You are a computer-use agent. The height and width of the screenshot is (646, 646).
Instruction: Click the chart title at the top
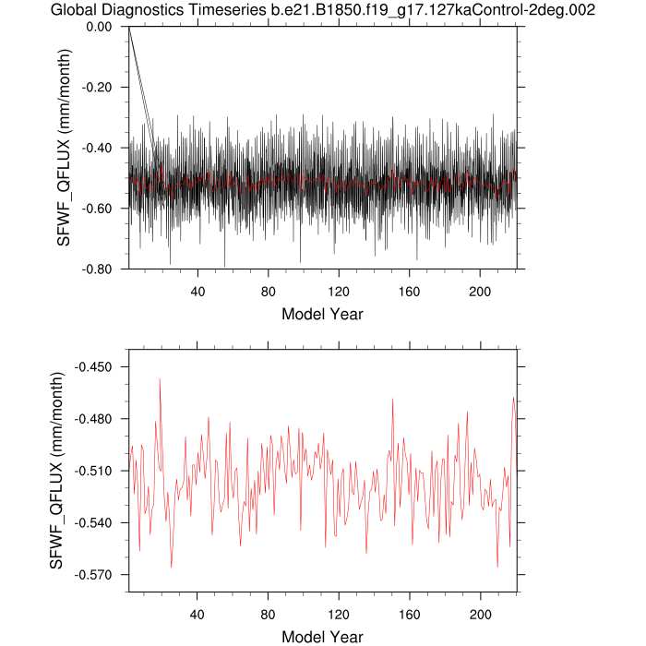[x=323, y=10]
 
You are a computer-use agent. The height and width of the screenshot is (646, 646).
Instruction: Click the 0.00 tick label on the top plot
[x=99, y=27]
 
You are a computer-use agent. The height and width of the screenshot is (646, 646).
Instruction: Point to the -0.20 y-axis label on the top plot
[x=97, y=88]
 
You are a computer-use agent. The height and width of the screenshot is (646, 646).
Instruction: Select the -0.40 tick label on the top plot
[x=97, y=148]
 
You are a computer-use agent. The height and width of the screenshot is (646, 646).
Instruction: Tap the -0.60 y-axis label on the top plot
[x=97, y=209]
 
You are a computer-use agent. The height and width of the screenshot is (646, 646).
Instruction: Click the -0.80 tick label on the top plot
[x=97, y=269]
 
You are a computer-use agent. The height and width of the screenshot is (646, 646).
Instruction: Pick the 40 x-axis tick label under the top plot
[x=197, y=292]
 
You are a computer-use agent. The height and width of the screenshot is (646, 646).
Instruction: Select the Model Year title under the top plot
[x=322, y=314]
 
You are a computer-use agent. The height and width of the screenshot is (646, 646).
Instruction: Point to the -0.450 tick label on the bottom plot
[x=93, y=367]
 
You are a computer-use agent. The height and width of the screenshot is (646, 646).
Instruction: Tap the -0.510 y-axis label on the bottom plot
[x=93, y=471]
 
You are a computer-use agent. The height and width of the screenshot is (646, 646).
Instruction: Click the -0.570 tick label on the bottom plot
[x=93, y=575]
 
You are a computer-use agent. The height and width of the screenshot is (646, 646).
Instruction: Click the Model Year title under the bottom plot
[x=322, y=637]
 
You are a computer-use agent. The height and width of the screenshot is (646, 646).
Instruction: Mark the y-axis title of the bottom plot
[x=56, y=471]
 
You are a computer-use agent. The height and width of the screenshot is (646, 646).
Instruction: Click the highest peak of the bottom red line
[x=160, y=379]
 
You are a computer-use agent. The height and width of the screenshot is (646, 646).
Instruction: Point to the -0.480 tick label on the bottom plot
[x=93, y=419]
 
